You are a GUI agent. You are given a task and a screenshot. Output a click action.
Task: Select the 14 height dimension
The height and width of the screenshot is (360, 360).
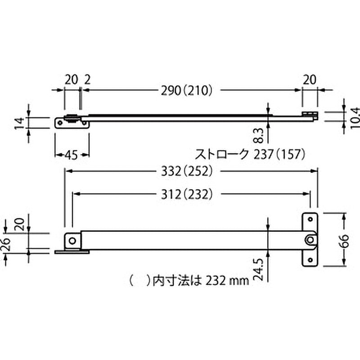pos(18,122)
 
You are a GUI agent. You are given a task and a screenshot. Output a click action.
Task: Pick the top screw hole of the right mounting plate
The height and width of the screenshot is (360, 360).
pos(310,219)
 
